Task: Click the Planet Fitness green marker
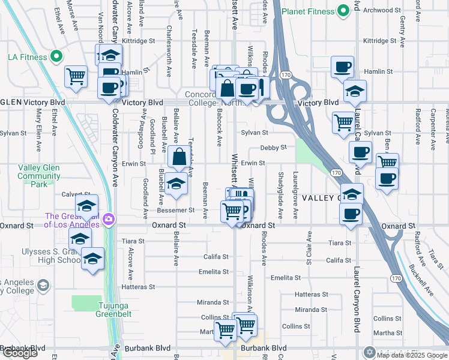click(x=343, y=10)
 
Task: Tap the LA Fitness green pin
click(x=56, y=58)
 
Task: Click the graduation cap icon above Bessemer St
click(x=176, y=185)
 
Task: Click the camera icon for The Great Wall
click(x=108, y=218)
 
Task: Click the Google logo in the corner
click(x=20, y=353)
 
